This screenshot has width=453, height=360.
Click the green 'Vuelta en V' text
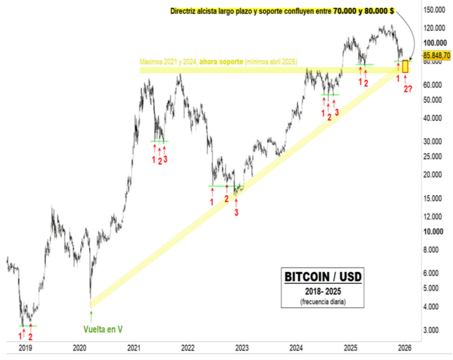pyautogui.click(x=102, y=329)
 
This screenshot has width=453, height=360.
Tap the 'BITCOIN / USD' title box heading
pyautogui.click(x=323, y=277)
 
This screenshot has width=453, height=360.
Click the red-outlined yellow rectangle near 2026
pyautogui.click(x=405, y=67)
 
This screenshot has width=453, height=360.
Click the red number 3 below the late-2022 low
pyautogui.click(x=236, y=212)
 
